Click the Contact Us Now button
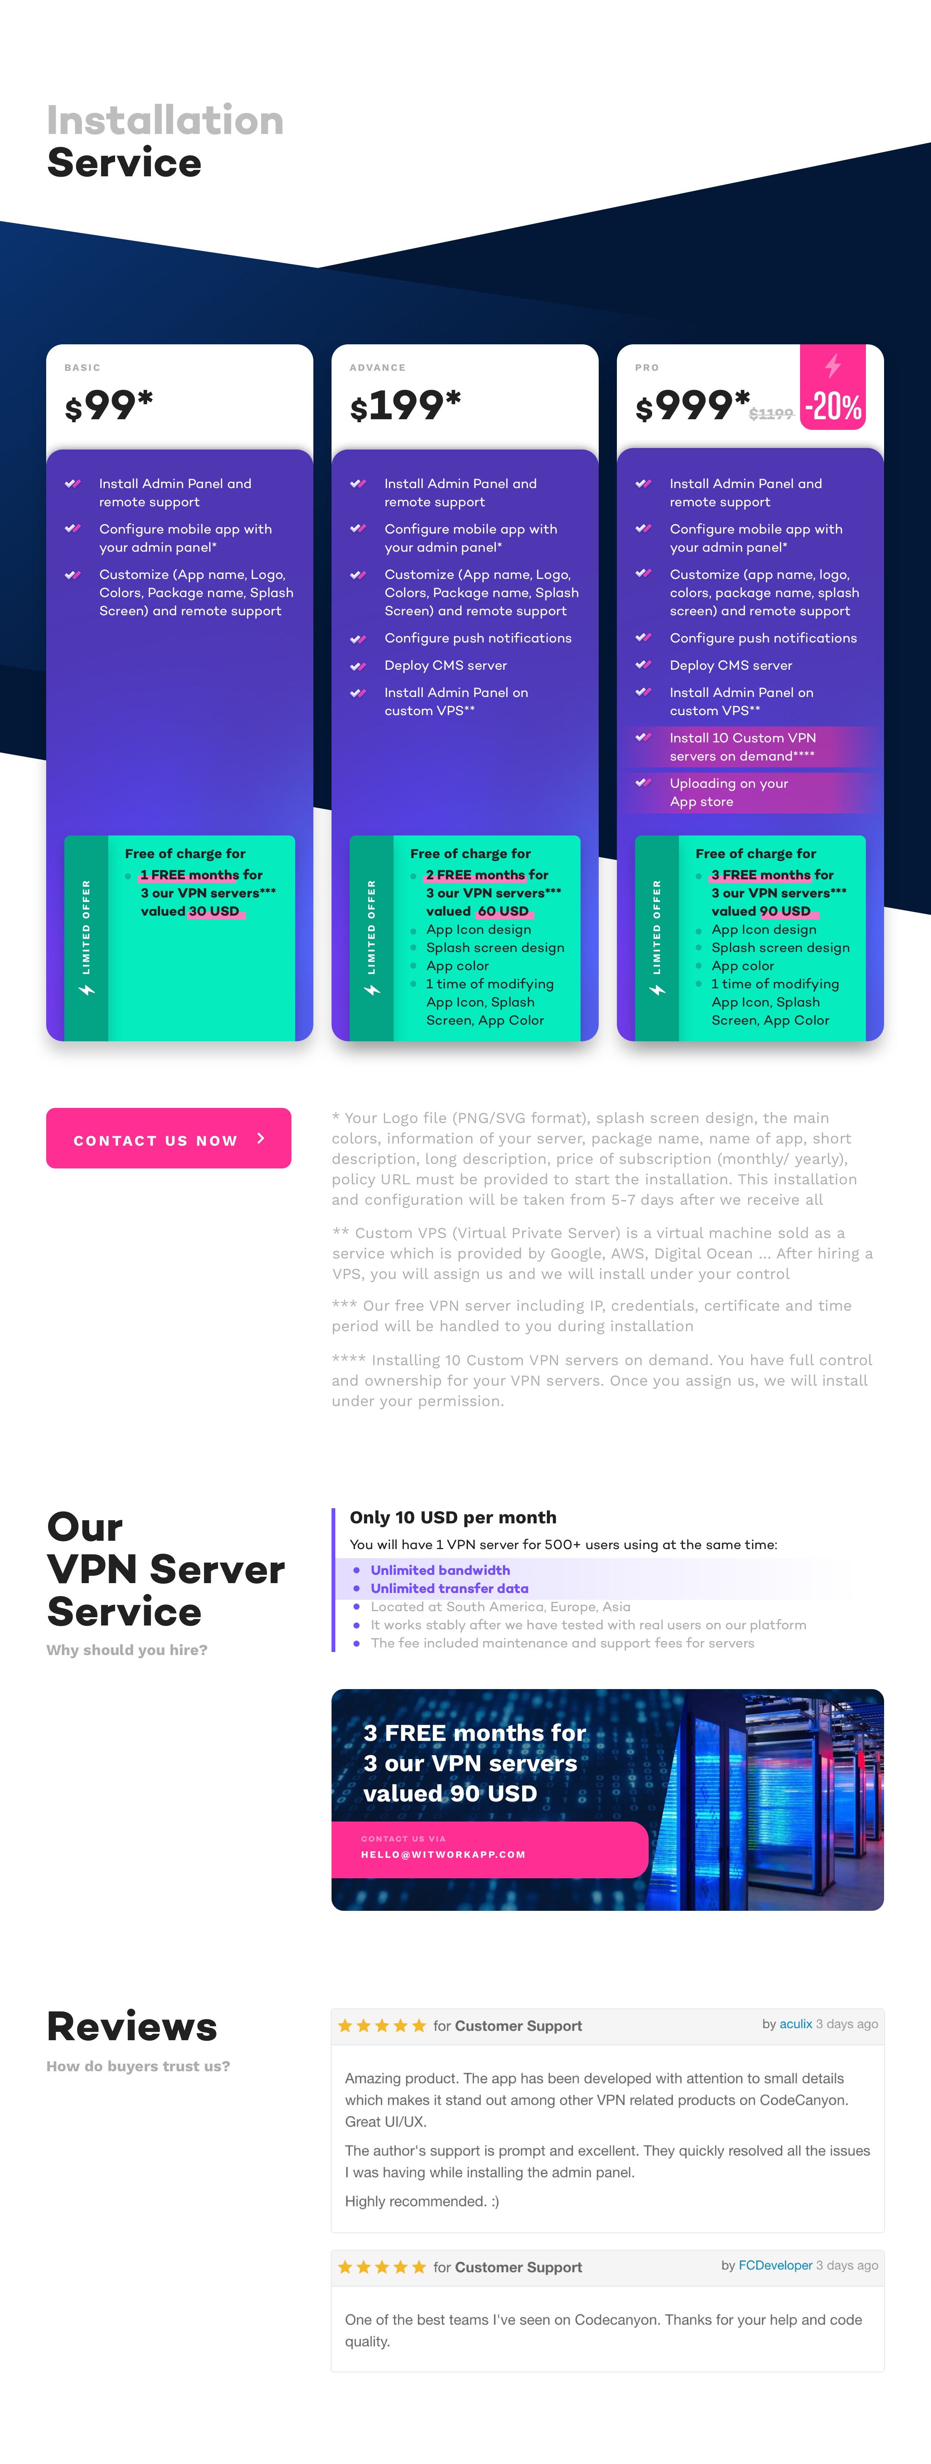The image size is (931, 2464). (x=168, y=1138)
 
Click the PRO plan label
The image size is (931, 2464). (x=647, y=367)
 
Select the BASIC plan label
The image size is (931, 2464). (x=82, y=367)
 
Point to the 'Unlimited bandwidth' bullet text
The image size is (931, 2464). (x=440, y=1570)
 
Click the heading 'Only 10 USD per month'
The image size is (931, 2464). (x=453, y=1517)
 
